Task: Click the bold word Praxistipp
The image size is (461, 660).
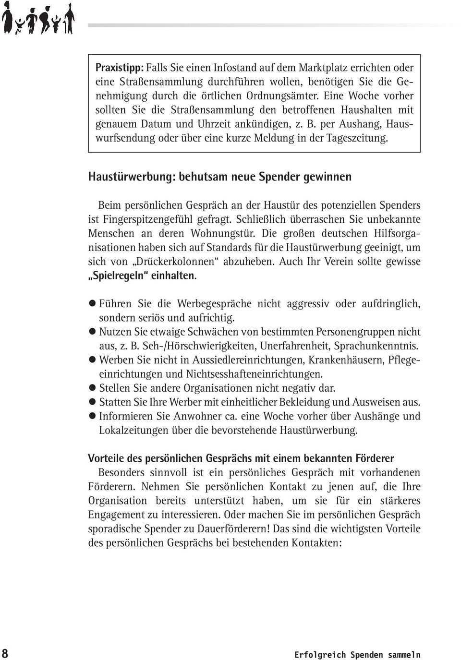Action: (x=119, y=68)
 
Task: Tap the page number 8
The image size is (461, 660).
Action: (x=5, y=653)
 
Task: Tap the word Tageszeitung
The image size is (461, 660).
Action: (x=357, y=138)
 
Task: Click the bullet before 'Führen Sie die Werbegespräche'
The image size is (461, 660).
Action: (x=93, y=304)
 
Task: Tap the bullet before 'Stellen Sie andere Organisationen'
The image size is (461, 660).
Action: (x=93, y=388)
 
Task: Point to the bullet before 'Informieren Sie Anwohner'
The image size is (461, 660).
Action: (x=93, y=417)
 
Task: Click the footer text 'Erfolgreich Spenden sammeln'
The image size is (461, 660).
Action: (x=357, y=655)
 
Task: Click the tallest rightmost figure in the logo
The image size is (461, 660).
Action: (x=69, y=18)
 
